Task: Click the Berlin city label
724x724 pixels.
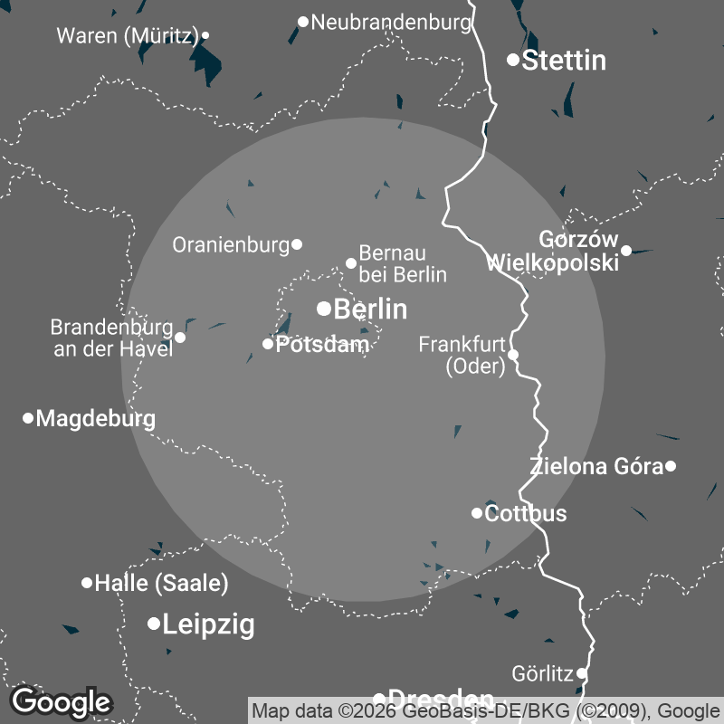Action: click(x=370, y=310)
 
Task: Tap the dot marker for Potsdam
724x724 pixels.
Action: click(x=268, y=344)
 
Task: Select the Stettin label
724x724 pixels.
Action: click(x=564, y=61)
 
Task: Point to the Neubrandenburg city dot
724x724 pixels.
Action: click(x=303, y=22)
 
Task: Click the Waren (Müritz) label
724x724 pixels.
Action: click(x=127, y=36)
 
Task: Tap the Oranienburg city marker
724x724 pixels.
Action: click(x=297, y=244)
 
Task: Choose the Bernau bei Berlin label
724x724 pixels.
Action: click(x=403, y=263)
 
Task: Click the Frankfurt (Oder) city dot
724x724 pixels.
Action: click(x=512, y=355)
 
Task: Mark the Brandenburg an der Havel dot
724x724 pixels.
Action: click(x=180, y=338)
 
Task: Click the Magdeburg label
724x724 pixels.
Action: click(x=95, y=419)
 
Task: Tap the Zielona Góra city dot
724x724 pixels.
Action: click(x=671, y=467)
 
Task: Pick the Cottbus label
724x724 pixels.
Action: click(x=526, y=514)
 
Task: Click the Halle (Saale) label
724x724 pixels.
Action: click(x=161, y=584)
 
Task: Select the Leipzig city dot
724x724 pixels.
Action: click(x=154, y=624)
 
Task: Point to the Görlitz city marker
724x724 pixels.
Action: click(x=582, y=674)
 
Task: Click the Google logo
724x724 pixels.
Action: click(x=62, y=701)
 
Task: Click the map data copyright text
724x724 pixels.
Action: click(x=486, y=710)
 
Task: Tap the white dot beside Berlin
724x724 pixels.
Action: click(x=323, y=309)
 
